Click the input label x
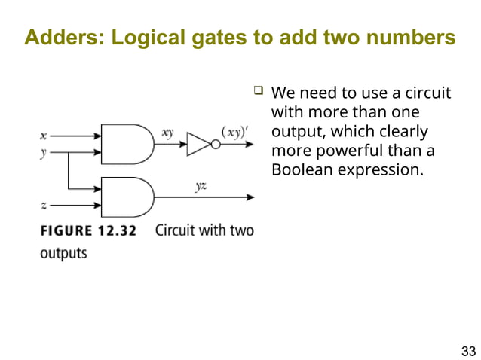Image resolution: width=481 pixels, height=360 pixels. pos(43,136)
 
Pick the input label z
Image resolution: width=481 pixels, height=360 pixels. pos(43,205)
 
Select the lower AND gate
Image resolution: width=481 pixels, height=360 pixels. pos(127,197)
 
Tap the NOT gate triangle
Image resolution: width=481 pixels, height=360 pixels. pos(198,144)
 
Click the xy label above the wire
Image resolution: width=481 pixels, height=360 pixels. pos(167,133)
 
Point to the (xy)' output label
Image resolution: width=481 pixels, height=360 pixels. pos(233,133)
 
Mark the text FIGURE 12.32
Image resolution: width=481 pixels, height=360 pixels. pos(88,231)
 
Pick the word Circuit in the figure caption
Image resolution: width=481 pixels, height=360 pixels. pos(179,230)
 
